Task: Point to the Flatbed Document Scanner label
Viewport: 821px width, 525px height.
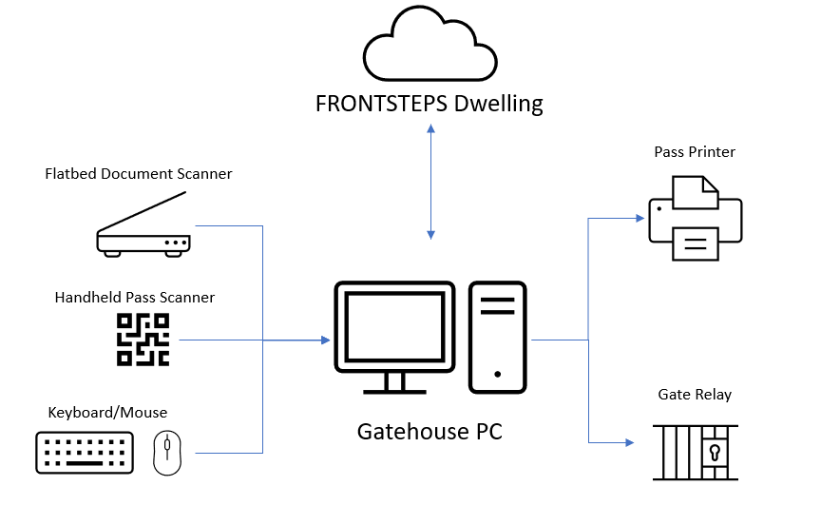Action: (x=139, y=174)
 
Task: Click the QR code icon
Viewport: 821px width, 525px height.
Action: (x=143, y=340)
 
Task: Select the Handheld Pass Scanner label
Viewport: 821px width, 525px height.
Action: (x=135, y=298)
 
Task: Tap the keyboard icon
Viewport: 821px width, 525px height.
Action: (x=85, y=453)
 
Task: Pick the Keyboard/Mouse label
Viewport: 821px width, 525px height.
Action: (x=107, y=412)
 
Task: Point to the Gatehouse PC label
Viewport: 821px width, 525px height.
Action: (x=430, y=432)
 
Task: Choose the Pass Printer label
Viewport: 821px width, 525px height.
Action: (x=695, y=152)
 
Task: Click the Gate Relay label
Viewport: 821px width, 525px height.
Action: (x=695, y=395)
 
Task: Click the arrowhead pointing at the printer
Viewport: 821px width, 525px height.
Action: (x=640, y=218)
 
